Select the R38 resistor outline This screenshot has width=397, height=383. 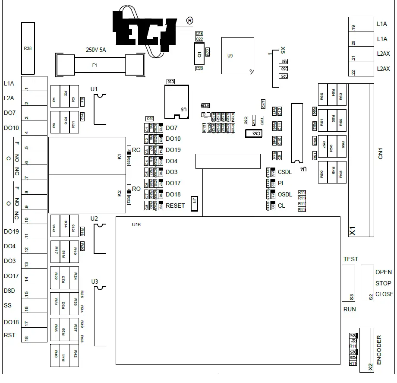[28, 48]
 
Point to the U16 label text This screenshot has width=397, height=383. [136, 225]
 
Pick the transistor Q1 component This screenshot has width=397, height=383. [199, 55]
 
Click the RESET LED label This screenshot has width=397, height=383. [175, 206]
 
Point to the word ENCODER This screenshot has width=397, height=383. [379, 350]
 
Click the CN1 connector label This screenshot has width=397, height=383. [381, 154]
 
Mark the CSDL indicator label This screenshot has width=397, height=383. [285, 172]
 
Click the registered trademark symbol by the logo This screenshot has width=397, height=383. [190, 20]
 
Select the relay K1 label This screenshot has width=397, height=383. [120, 157]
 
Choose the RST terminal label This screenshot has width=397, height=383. [9, 335]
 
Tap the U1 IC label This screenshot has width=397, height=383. [94, 89]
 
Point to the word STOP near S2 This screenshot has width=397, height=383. [383, 283]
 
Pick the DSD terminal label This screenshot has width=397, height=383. [10, 291]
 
